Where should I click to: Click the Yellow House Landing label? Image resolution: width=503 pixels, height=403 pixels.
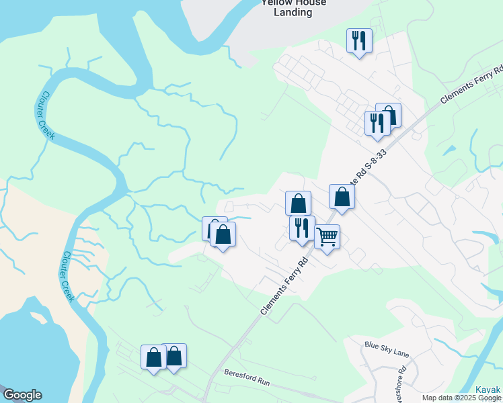[x=293, y=7]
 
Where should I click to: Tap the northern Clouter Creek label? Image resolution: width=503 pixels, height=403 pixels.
[x=46, y=116]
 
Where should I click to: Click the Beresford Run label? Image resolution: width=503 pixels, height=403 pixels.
[x=247, y=377]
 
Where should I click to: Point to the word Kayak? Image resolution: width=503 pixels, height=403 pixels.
[x=489, y=390]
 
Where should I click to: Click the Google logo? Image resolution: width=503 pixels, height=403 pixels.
[x=22, y=395]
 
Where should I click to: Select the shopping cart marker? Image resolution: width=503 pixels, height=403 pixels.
[x=327, y=236]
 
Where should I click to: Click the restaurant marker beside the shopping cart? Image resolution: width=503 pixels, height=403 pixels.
[x=302, y=228]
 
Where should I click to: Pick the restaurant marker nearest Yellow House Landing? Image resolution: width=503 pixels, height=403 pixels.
[x=358, y=40]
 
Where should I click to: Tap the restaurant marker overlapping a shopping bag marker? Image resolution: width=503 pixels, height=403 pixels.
[x=377, y=122]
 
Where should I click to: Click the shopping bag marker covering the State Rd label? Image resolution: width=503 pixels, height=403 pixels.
[x=342, y=197]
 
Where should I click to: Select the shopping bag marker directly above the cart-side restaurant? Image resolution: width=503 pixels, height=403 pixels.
[x=298, y=203]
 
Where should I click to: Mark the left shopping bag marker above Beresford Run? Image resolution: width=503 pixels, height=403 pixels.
[x=153, y=357]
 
